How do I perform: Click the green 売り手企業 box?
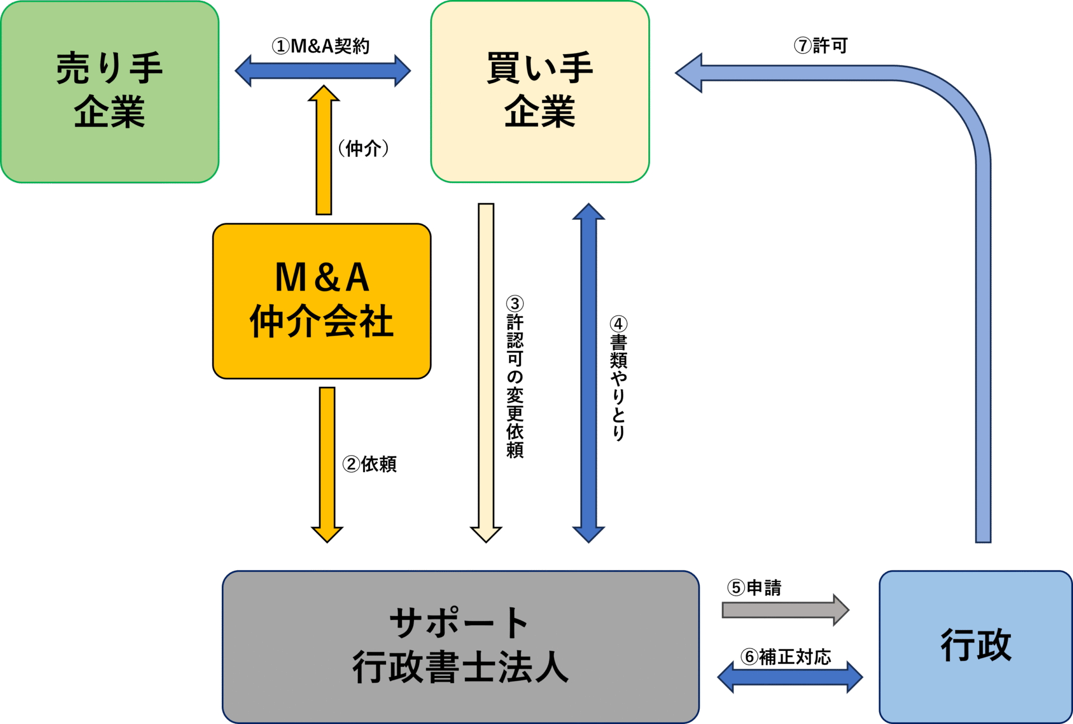(x=110, y=92)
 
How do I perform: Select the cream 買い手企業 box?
(x=540, y=92)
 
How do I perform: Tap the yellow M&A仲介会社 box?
(x=322, y=301)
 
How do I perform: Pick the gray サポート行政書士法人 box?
(x=460, y=646)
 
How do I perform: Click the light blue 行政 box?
(x=976, y=646)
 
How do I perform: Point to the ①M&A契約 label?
(x=321, y=46)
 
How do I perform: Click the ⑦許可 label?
(x=820, y=45)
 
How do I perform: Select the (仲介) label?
(x=363, y=149)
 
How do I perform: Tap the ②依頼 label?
(x=369, y=464)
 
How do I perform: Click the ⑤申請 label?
(x=754, y=588)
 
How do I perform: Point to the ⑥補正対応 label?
(x=786, y=657)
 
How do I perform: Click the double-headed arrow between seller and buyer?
(x=323, y=71)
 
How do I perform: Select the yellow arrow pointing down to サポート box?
(x=327, y=464)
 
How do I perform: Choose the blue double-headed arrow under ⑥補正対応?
(x=790, y=677)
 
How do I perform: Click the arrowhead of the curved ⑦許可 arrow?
(x=690, y=73)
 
